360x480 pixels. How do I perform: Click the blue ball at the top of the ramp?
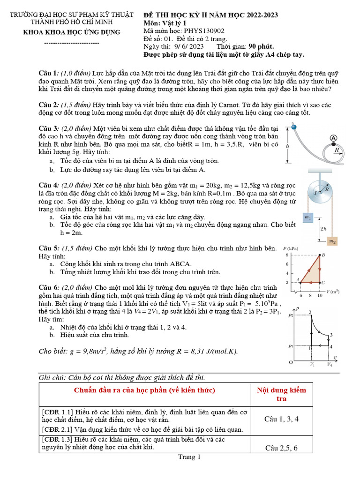294,127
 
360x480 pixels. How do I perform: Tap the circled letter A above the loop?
333,138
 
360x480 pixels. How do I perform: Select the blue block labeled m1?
307,217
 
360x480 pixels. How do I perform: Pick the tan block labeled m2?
332,241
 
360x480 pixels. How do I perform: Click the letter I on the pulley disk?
315,193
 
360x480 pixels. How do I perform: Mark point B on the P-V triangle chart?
322,255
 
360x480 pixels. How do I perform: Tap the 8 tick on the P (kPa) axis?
287,255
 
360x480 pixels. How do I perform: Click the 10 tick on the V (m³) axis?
319,295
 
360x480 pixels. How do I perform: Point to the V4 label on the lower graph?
330,364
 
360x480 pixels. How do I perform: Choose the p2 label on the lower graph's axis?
290,315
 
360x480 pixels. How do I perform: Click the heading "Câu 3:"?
49,128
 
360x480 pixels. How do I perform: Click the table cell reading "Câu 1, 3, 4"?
282,419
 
